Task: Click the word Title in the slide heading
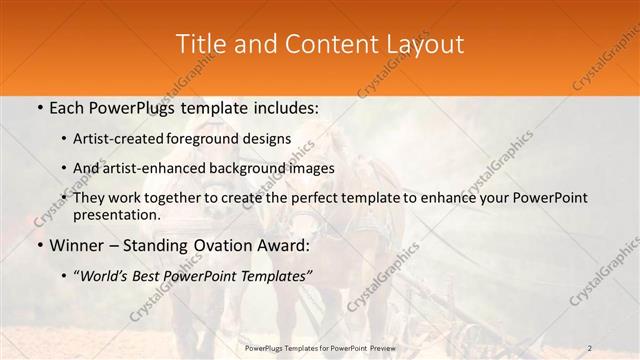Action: (200, 45)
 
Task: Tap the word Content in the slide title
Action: (323, 45)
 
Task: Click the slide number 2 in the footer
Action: (590, 348)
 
